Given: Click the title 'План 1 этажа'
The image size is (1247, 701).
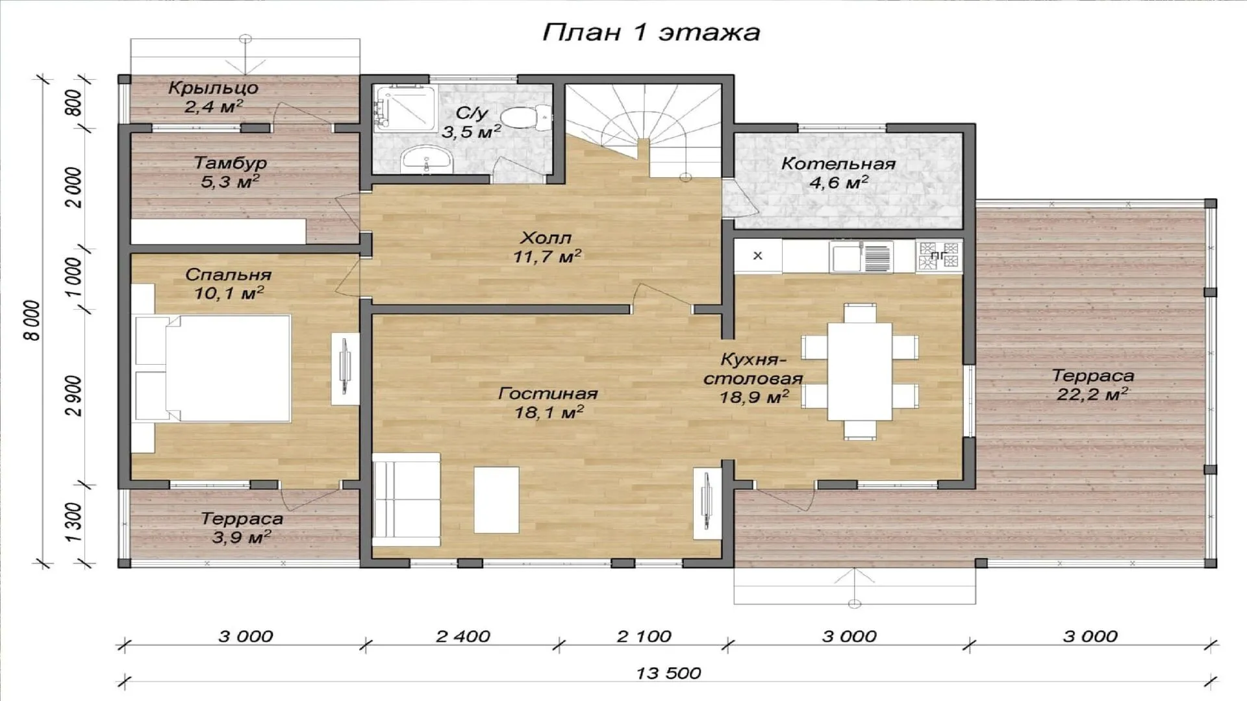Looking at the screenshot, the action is tap(651, 32).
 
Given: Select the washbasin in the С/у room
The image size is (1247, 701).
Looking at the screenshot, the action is tap(425, 159).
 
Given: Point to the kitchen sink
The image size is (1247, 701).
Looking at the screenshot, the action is tap(861, 257).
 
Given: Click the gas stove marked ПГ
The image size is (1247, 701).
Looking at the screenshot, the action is tap(939, 255).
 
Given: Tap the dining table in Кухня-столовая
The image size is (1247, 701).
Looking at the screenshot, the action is tap(860, 372).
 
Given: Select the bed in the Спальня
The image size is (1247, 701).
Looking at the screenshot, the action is tap(212, 368).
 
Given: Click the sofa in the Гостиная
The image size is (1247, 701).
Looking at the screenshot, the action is tap(407, 499).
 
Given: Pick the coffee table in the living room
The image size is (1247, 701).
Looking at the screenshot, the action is tap(496, 500).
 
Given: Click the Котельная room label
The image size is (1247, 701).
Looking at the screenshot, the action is tap(838, 164).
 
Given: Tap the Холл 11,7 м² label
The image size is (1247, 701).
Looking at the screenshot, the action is tap(547, 247).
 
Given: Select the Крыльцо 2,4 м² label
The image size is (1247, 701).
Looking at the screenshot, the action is tap(213, 97).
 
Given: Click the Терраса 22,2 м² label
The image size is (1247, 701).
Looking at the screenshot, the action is tap(1092, 384).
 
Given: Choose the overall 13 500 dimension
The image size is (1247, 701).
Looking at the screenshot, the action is tap(668, 673).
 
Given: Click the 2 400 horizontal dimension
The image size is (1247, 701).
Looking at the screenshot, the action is tap(463, 636).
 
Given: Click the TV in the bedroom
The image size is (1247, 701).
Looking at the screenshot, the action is tap(346, 369).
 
